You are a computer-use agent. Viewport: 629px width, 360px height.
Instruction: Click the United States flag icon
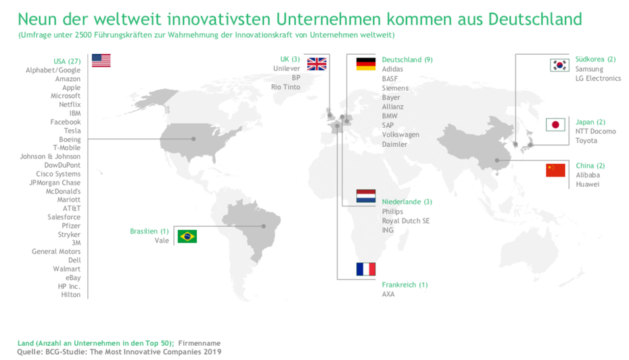point(101,60)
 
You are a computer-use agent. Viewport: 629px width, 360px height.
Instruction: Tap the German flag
point(366,64)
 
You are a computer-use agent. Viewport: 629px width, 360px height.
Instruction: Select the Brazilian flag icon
point(187,236)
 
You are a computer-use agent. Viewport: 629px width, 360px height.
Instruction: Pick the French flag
point(366,269)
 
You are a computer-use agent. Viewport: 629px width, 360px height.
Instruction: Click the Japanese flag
point(555,125)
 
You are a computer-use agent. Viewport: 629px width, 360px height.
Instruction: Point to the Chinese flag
point(555,169)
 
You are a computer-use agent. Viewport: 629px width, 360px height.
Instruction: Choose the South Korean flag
point(559,65)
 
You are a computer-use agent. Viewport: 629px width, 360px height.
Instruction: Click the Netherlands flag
point(366,196)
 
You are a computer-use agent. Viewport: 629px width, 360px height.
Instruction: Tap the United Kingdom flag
point(317,64)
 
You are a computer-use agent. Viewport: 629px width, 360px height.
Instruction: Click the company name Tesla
point(72,131)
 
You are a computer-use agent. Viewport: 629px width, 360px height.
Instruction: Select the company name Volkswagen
point(400,135)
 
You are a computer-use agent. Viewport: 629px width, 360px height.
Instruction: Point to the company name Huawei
point(588,184)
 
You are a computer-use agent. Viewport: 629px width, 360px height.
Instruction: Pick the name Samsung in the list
point(589,69)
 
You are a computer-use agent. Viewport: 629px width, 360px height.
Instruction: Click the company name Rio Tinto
point(285,87)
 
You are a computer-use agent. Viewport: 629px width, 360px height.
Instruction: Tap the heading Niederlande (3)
point(406,202)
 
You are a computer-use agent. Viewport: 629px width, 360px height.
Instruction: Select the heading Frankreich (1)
point(404,285)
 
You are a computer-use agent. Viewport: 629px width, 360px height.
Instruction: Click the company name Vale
point(162,240)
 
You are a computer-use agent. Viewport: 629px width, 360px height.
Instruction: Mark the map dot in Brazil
point(264,226)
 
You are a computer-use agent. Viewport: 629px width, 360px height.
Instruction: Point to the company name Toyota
point(586,141)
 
